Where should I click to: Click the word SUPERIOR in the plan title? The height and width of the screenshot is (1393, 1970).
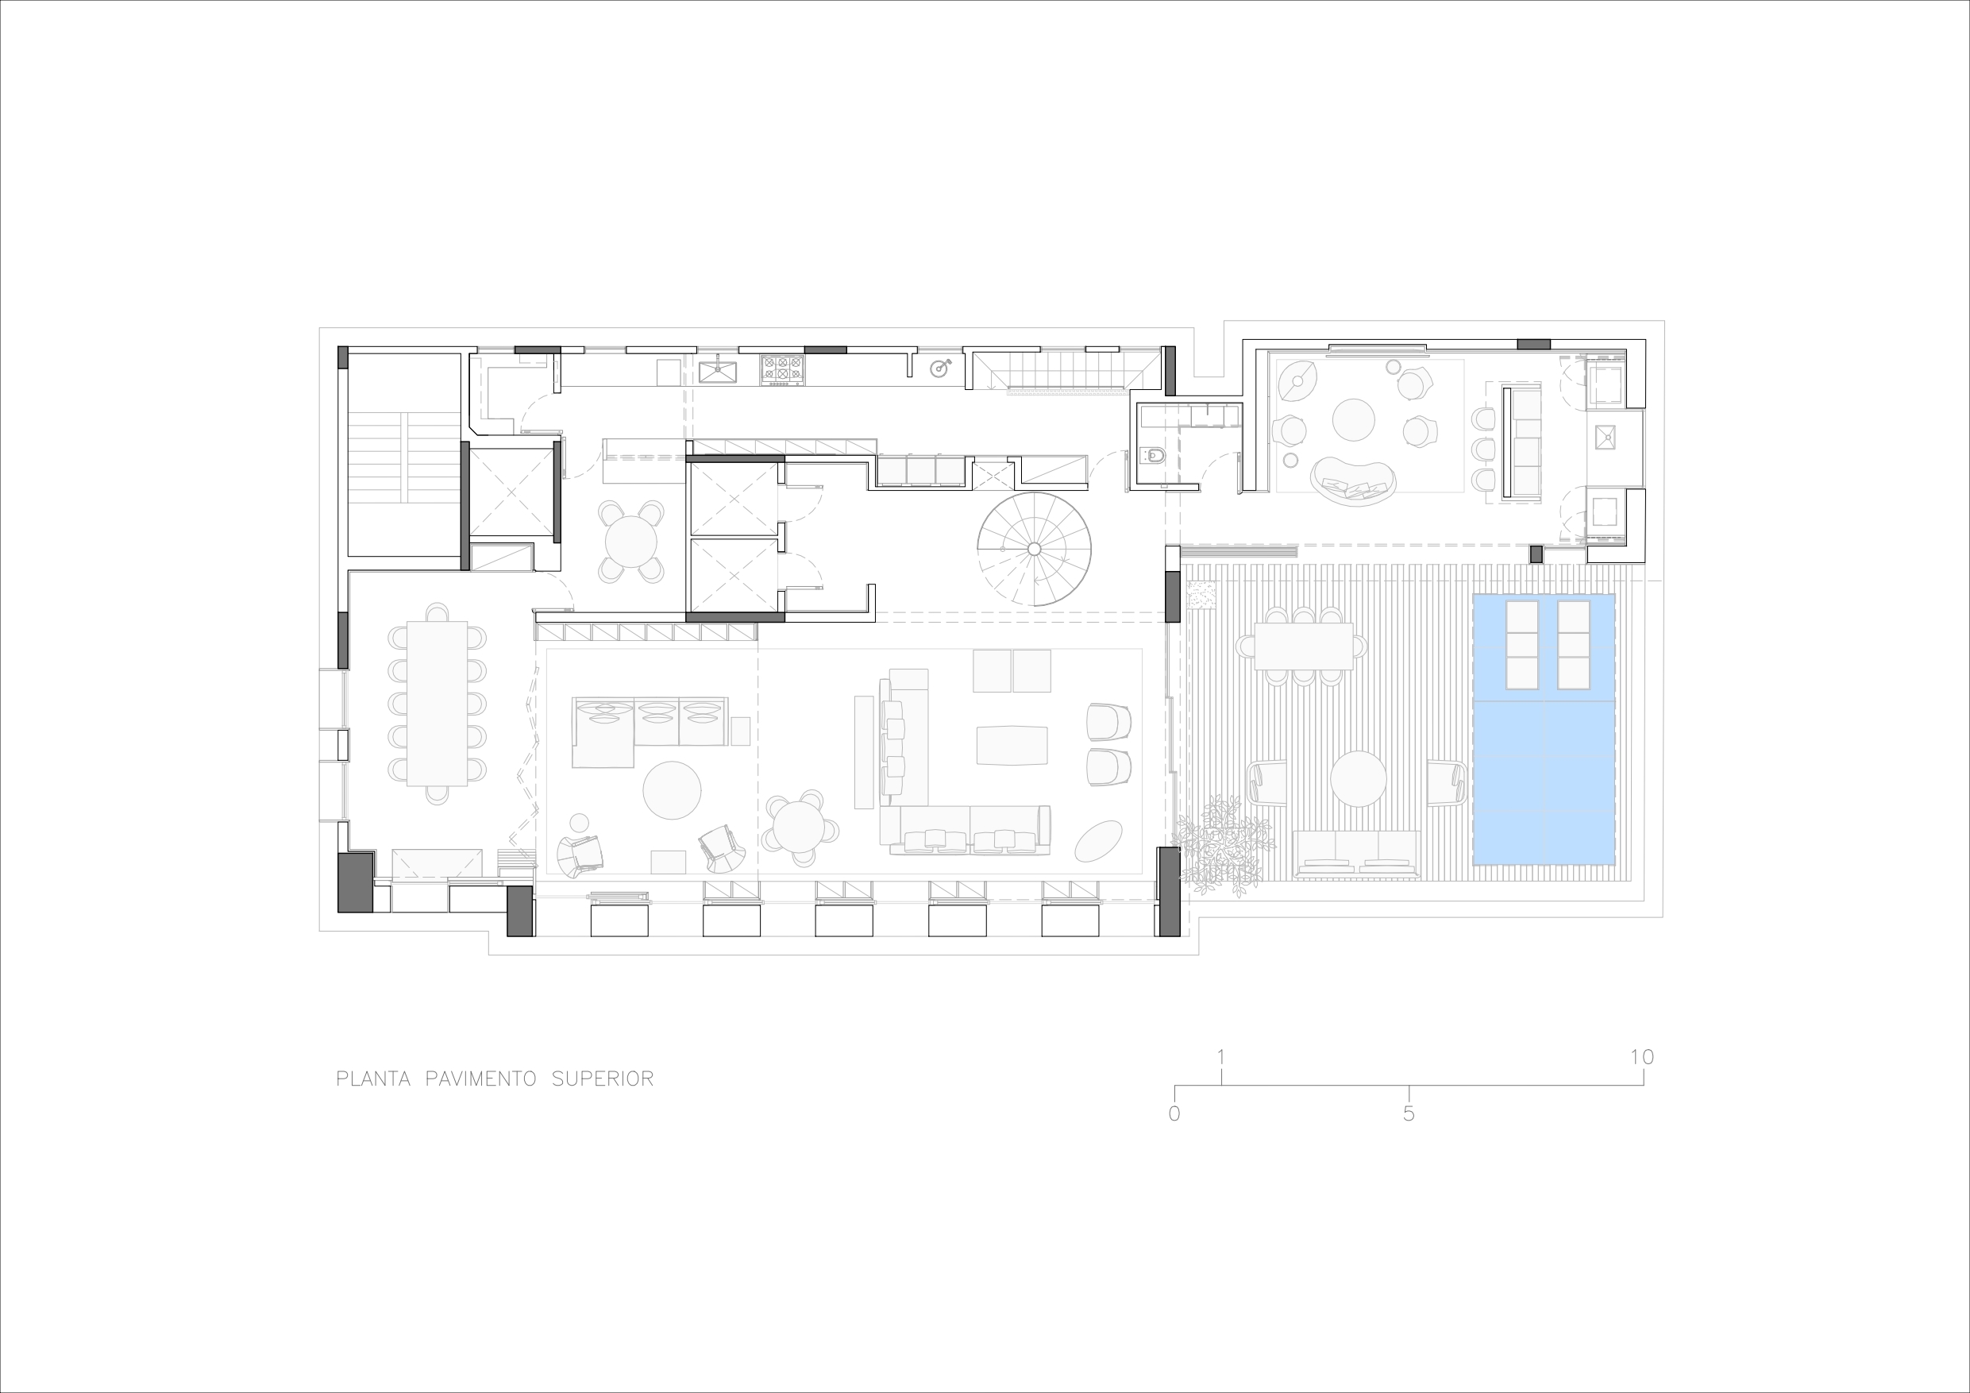pyautogui.click(x=603, y=1079)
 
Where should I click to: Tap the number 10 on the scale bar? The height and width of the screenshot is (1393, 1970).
pyautogui.click(x=1641, y=1056)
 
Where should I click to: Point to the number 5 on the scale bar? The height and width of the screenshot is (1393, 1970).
pyautogui.click(x=1408, y=1114)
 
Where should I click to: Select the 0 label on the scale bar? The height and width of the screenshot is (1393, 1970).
pyautogui.click(x=1174, y=1114)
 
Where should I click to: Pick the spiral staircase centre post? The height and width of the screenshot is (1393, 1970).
pyautogui.click(x=1034, y=550)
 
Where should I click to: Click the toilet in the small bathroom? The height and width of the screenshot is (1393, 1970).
pyautogui.click(x=1152, y=456)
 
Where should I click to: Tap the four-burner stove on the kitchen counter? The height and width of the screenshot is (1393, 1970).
pyautogui.click(x=782, y=369)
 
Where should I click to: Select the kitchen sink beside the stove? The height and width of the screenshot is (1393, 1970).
pyautogui.click(x=717, y=371)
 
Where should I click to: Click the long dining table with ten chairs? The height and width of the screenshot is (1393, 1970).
pyautogui.click(x=437, y=703)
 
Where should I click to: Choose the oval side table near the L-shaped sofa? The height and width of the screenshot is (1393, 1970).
pyautogui.click(x=1098, y=840)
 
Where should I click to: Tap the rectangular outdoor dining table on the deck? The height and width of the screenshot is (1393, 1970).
pyautogui.click(x=1303, y=646)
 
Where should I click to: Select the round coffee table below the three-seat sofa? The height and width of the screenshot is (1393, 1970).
pyautogui.click(x=672, y=789)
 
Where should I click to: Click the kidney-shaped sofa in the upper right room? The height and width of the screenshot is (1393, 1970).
pyautogui.click(x=1353, y=480)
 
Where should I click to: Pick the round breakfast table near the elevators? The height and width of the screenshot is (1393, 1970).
pyautogui.click(x=630, y=542)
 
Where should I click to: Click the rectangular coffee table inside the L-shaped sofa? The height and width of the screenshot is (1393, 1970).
pyautogui.click(x=1012, y=745)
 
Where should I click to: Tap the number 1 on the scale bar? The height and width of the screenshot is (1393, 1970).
pyautogui.click(x=1220, y=1056)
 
